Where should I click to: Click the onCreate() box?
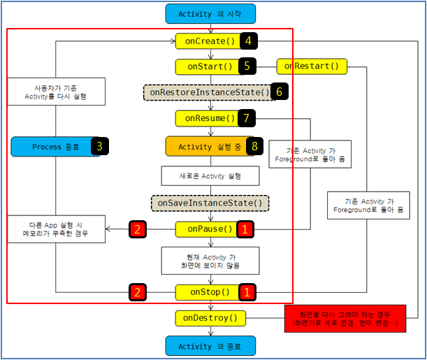208,41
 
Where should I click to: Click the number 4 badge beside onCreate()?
249,41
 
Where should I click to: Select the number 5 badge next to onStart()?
247,66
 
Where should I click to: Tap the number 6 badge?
280,92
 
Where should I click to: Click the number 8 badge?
256,147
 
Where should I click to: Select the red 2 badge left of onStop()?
139,292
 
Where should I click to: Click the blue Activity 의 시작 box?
210,13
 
